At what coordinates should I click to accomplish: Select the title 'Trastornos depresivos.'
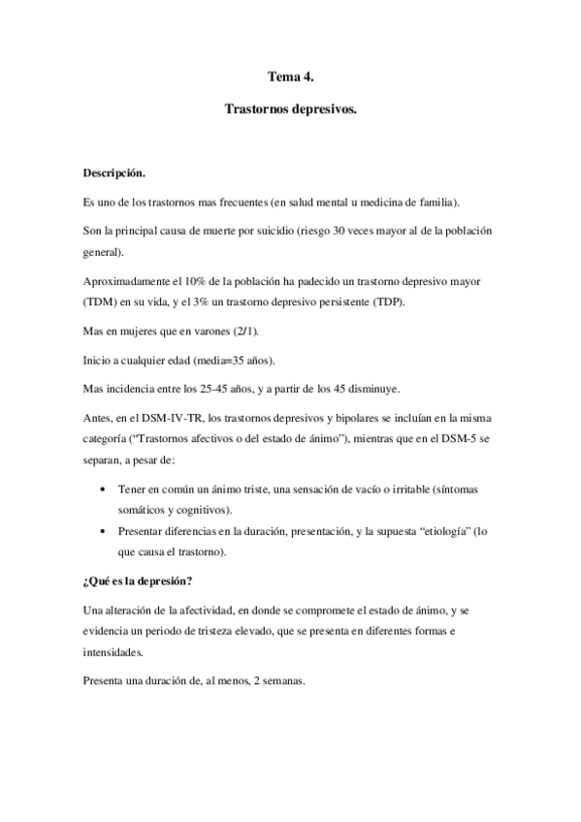click(291, 112)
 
